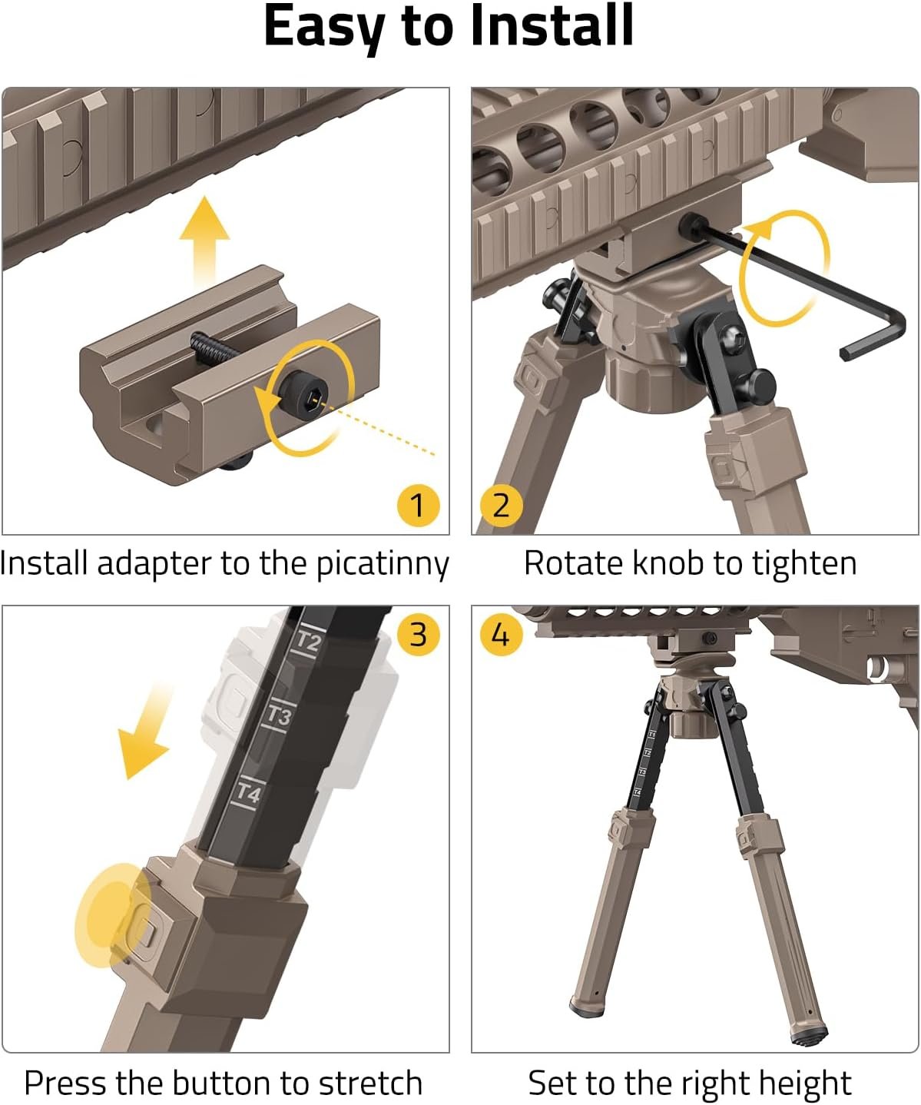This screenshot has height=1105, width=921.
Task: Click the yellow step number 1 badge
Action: (x=418, y=505)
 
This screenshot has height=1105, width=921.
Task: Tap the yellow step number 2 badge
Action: (x=501, y=505)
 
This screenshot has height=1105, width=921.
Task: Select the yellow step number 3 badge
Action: (x=418, y=634)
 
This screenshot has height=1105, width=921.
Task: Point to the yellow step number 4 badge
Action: (x=501, y=634)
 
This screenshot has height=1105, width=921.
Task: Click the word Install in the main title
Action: (x=552, y=25)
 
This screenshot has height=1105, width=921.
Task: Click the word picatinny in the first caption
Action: (x=383, y=566)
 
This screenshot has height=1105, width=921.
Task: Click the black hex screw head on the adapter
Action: (x=303, y=394)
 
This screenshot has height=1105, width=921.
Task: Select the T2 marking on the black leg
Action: (x=309, y=642)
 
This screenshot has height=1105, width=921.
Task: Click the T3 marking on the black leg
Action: (x=279, y=716)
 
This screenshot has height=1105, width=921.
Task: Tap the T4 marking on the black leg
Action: (x=249, y=793)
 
